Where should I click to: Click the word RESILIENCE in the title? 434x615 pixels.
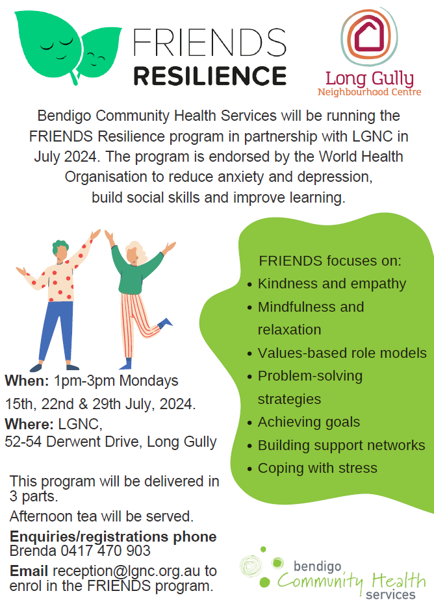tap(211, 76)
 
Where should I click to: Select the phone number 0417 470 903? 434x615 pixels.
tap(105, 551)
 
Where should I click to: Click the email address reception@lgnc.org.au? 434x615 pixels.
tap(126, 571)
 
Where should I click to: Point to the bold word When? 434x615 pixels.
tap(27, 381)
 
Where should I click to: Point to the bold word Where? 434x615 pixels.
tap(29, 424)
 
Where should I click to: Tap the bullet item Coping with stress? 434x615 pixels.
tap(318, 468)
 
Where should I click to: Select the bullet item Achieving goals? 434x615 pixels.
tap(309, 422)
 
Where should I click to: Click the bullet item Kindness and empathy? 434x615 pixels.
tap(332, 284)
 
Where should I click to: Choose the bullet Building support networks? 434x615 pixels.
tap(341, 445)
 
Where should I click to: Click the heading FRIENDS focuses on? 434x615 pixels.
tap(330, 261)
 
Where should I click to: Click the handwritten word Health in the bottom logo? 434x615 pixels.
tap(399, 581)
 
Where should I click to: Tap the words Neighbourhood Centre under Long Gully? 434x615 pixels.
tap(369, 92)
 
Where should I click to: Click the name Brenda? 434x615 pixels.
tap(33, 551)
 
